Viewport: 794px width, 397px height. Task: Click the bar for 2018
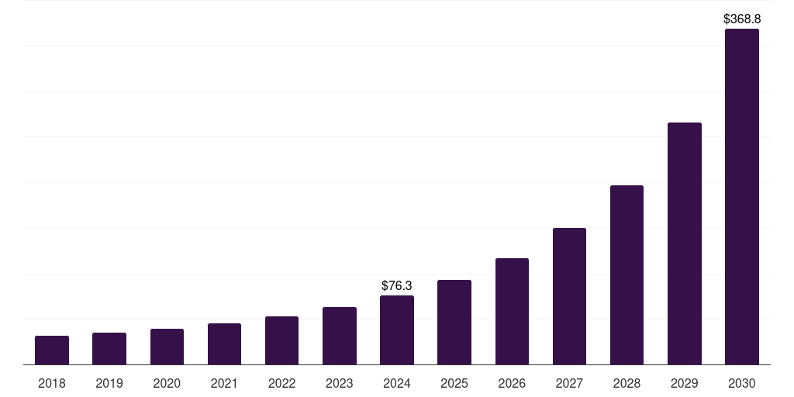(x=52, y=350)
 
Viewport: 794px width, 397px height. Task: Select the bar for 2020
(x=167, y=347)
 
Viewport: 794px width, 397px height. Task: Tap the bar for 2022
(x=281, y=340)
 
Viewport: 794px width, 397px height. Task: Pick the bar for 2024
(x=397, y=330)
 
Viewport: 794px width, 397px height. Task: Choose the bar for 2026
(x=512, y=312)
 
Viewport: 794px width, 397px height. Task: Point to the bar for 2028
(x=627, y=275)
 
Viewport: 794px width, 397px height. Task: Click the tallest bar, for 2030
(x=742, y=197)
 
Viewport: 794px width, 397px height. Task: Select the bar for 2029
(x=685, y=243)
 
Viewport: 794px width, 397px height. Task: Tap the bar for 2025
(x=454, y=323)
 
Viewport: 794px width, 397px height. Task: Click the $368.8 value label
(x=742, y=18)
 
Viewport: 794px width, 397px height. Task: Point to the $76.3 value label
(x=397, y=285)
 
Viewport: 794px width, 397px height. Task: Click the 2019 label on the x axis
(x=109, y=383)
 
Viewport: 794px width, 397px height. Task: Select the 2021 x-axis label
(x=224, y=383)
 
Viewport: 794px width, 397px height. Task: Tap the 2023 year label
(x=340, y=383)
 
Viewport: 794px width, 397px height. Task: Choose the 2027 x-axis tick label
(x=569, y=383)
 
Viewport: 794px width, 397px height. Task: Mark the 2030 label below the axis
(x=742, y=383)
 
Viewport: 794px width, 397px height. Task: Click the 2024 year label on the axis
(x=397, y=383)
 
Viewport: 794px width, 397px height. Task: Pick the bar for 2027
(x=569, y=296)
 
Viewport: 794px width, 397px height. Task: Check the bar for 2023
(x=340, y=336)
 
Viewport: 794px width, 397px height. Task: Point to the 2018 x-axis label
(x=52, y=383)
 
